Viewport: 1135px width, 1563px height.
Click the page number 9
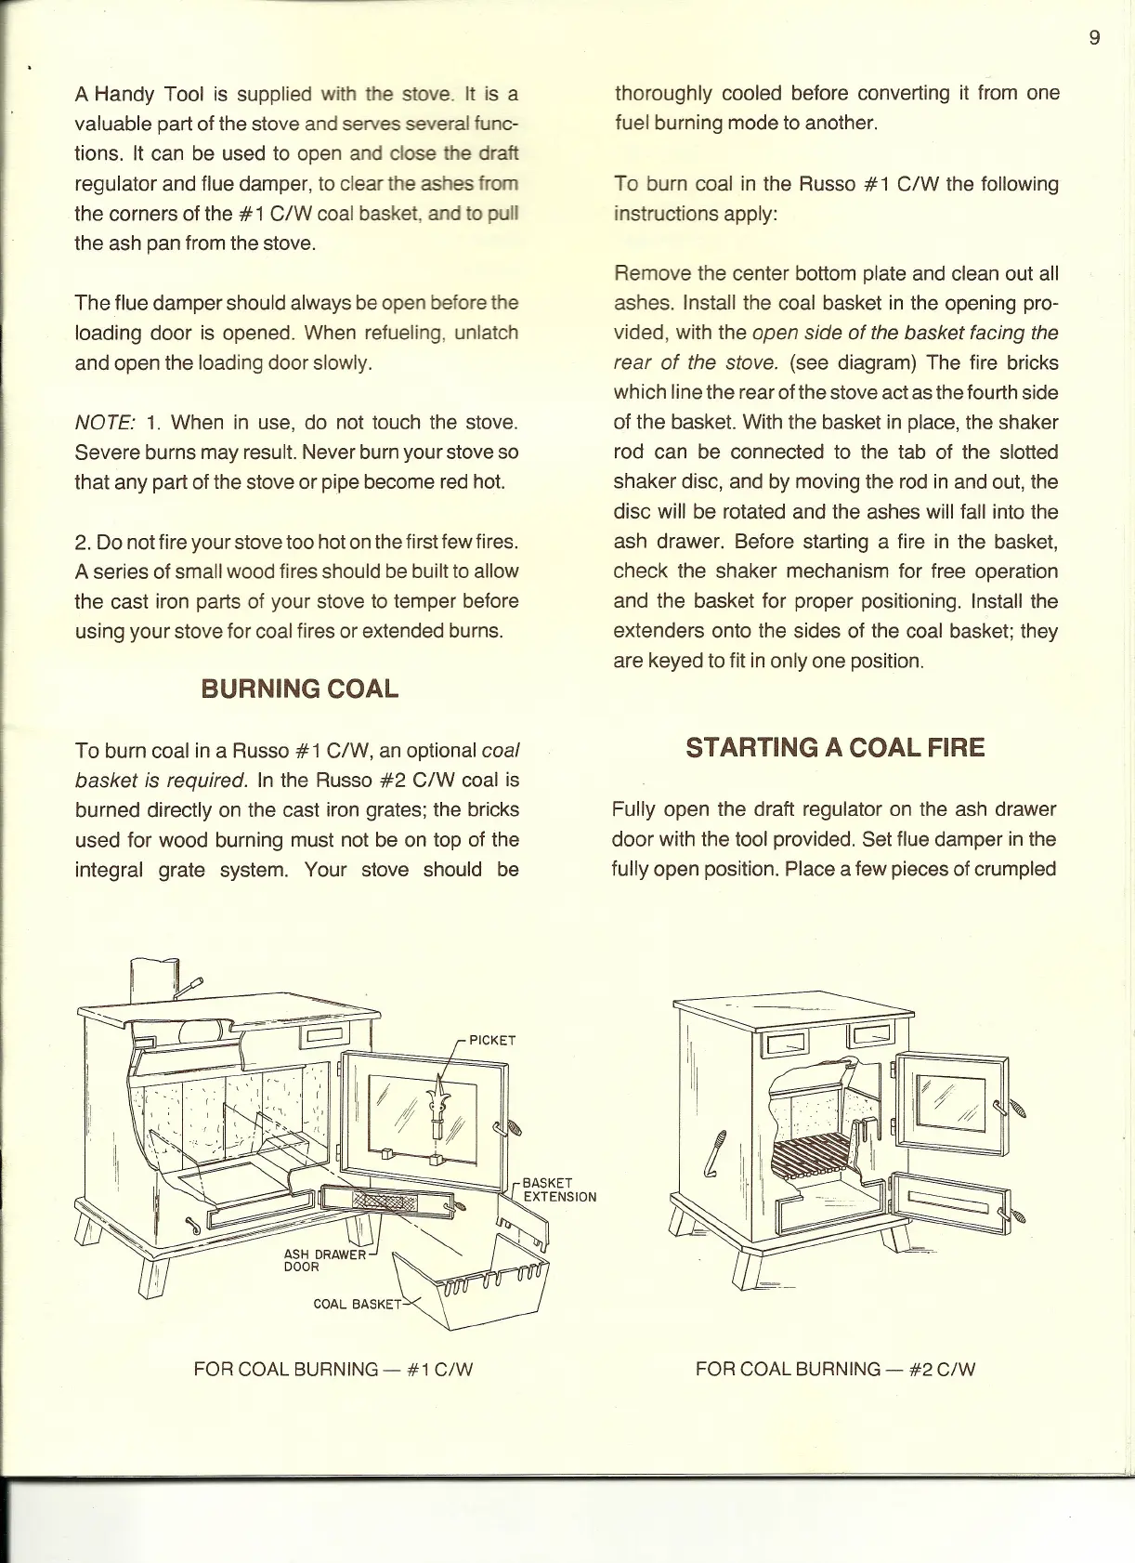tap(1094, 37)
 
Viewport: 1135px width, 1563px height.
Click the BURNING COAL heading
tap(299, 689)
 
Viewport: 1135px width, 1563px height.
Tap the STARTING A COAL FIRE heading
tap(835, 748)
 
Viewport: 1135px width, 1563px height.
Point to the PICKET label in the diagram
tap(491, 1040)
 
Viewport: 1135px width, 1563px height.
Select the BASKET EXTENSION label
tap(559, 1189)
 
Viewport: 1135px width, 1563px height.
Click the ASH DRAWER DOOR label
tap(324, 1260)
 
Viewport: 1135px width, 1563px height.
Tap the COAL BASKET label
tap(357, 1304)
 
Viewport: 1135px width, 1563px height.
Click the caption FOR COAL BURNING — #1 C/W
tap(333, 1369)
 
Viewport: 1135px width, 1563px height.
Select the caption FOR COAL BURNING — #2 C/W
tap(835, 1369)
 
